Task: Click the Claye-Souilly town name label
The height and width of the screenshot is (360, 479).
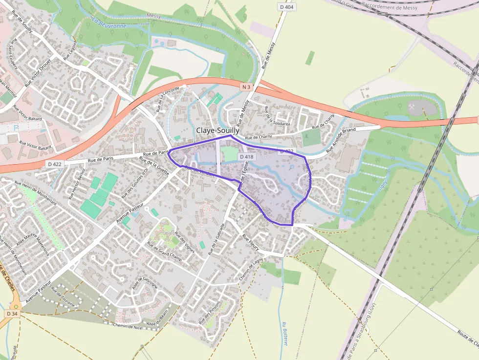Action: (218, 131)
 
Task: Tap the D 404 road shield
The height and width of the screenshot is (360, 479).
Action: (287, 7)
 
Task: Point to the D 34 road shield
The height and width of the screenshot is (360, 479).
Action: (13, 313)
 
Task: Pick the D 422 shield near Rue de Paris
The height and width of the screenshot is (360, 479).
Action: (55, 164)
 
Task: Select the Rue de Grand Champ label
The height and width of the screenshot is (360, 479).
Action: (163, 254)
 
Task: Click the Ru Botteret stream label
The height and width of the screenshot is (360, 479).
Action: (284, 334)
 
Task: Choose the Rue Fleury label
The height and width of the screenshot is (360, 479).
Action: (251, 242)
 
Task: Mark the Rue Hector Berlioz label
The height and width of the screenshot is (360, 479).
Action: (77, 184)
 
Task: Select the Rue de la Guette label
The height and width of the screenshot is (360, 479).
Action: (154, 166)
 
